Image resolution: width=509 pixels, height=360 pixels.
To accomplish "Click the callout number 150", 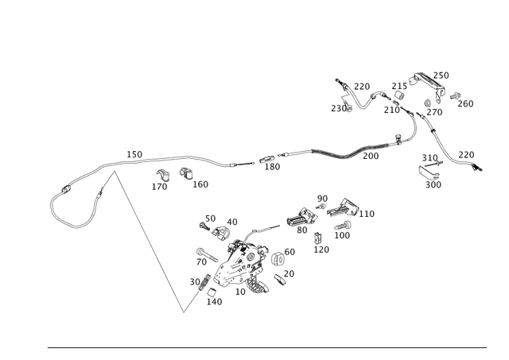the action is tap(134, 154).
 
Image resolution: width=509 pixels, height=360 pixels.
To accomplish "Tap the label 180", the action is tap(272, 167).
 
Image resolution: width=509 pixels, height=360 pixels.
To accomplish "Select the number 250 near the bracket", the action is tap(441, 75).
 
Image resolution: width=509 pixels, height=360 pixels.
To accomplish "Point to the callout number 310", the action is tap(429, 157).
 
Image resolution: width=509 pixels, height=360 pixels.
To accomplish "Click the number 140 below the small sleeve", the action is tap(214, 302).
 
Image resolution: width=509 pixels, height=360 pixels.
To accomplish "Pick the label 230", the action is tap(338, 108).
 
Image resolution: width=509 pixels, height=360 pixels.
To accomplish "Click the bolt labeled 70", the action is tap(207, 255).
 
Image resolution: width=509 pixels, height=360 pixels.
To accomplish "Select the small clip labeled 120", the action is tap(317, 238).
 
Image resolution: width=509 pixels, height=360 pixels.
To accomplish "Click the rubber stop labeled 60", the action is tap(278, 258).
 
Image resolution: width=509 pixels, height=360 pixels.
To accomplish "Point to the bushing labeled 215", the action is tap(399, 96).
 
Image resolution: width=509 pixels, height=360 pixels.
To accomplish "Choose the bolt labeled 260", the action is tap(455, 96).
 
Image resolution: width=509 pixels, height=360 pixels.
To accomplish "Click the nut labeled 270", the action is tap(427, 103).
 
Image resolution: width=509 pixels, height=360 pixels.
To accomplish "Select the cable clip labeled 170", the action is tap(163, 176).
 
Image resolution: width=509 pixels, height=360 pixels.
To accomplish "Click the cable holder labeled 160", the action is tap(186, 173).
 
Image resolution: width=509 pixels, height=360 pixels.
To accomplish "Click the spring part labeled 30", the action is tap(204, 282).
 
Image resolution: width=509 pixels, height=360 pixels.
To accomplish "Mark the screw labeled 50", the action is tap(205, 226).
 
